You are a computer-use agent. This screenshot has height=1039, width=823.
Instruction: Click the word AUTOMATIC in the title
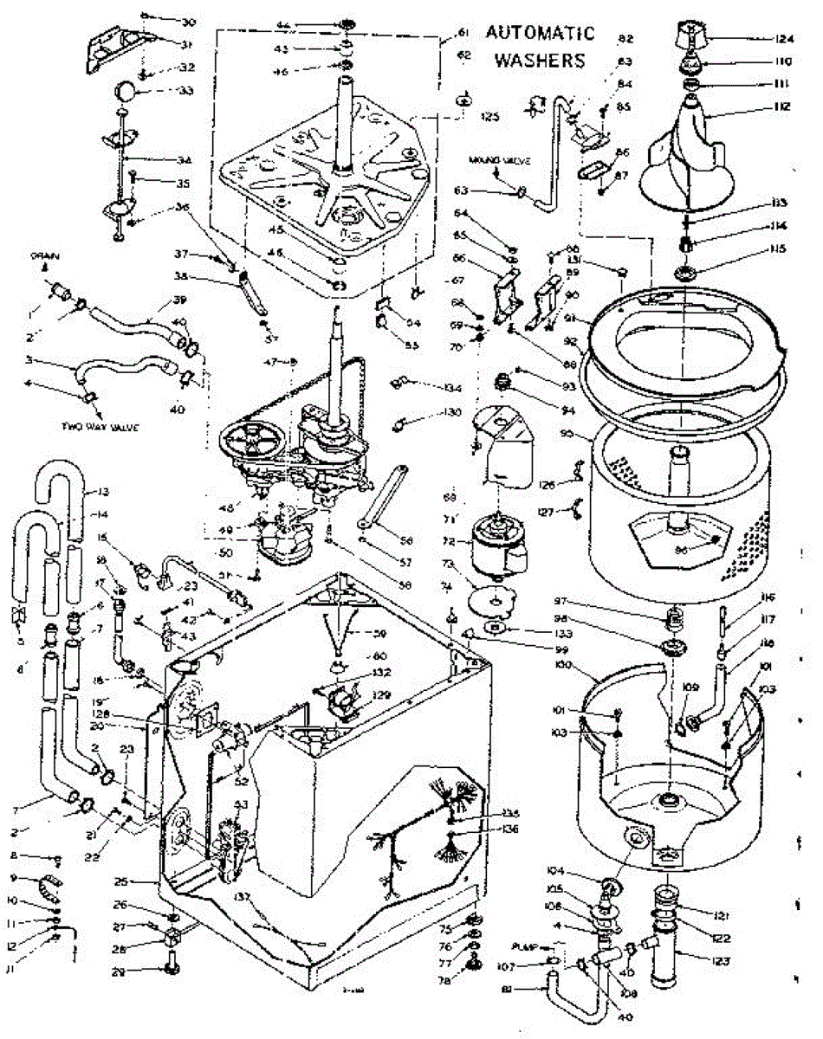(x=541, y=34)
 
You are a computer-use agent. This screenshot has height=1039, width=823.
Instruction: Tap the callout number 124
(x=760, y=38)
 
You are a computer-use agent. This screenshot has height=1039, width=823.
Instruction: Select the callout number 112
(x=758, y=106)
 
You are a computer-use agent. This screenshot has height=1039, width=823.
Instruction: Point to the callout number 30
(x=188, y=21)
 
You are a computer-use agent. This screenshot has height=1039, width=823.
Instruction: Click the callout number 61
(x=463, y=33)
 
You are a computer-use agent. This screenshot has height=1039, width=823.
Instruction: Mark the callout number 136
(x=509, y=829)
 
